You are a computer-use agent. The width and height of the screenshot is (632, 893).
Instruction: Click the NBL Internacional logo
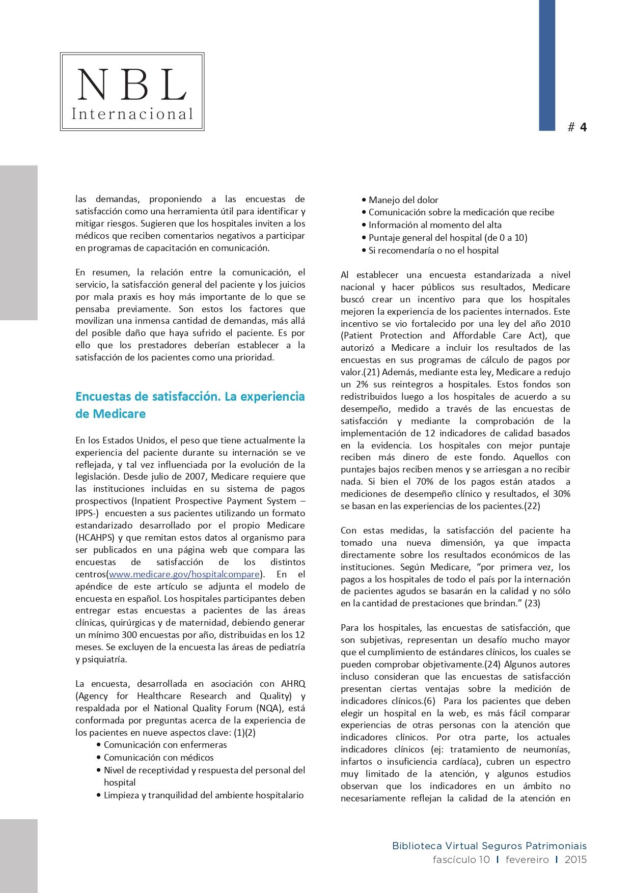(132, 92)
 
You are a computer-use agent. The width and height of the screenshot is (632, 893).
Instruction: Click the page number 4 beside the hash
(583, 127)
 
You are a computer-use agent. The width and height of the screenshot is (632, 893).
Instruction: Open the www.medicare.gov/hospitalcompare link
(184, 574)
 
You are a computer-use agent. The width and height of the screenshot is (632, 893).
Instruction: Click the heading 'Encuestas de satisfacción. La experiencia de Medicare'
(190, 405)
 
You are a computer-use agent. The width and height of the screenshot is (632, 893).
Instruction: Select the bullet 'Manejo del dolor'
(403, 200)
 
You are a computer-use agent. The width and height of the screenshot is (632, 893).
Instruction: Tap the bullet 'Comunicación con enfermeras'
(165, 745)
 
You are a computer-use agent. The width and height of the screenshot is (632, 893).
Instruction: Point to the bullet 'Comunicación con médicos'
(158, 758)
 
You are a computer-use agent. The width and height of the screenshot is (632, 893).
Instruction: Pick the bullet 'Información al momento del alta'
(434, 225)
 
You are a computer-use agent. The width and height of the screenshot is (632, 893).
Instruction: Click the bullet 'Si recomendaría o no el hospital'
(433, 250)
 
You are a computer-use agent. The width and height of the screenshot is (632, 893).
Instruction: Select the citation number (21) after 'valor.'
(372, 372)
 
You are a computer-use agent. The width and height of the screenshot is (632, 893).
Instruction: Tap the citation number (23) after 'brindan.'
(532, 603)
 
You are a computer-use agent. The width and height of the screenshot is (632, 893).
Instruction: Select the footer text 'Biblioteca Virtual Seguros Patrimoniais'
(489, 846)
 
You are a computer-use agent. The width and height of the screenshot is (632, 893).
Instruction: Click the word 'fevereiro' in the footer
(527, 859)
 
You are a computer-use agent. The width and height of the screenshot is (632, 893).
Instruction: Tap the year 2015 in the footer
(575, 859)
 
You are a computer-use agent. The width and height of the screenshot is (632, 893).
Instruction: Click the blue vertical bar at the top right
(547, 65)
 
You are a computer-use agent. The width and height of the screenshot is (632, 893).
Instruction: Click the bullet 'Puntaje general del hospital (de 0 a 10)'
(448, 238)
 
